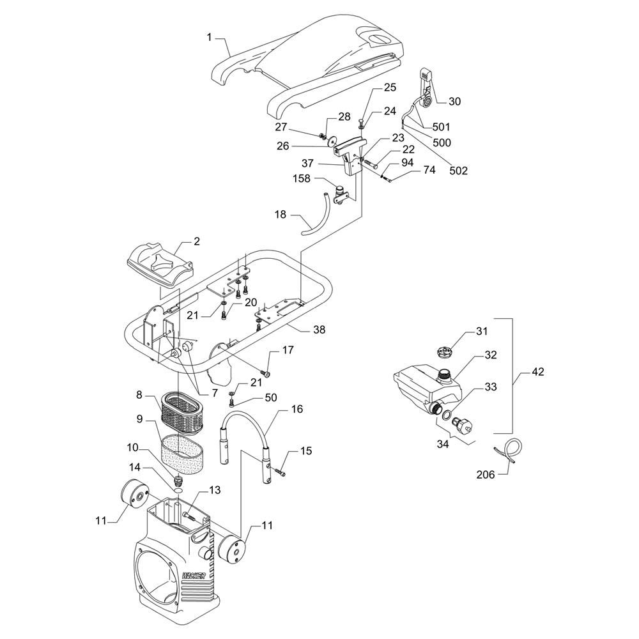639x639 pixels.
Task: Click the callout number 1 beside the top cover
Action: (x=208, y=38)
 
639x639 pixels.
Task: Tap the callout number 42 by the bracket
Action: (x=537, y=372)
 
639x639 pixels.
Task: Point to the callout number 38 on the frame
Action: (x=318, y=330)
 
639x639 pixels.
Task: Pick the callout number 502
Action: (x=458, y=171)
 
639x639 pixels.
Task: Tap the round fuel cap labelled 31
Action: (x=445, y=351)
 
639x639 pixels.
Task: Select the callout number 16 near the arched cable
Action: (x=296, y=409)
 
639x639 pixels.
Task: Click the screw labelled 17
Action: (x=266, y=372)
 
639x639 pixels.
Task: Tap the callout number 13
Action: (x=214, y=490)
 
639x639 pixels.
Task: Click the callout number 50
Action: (x=271, y=398)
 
